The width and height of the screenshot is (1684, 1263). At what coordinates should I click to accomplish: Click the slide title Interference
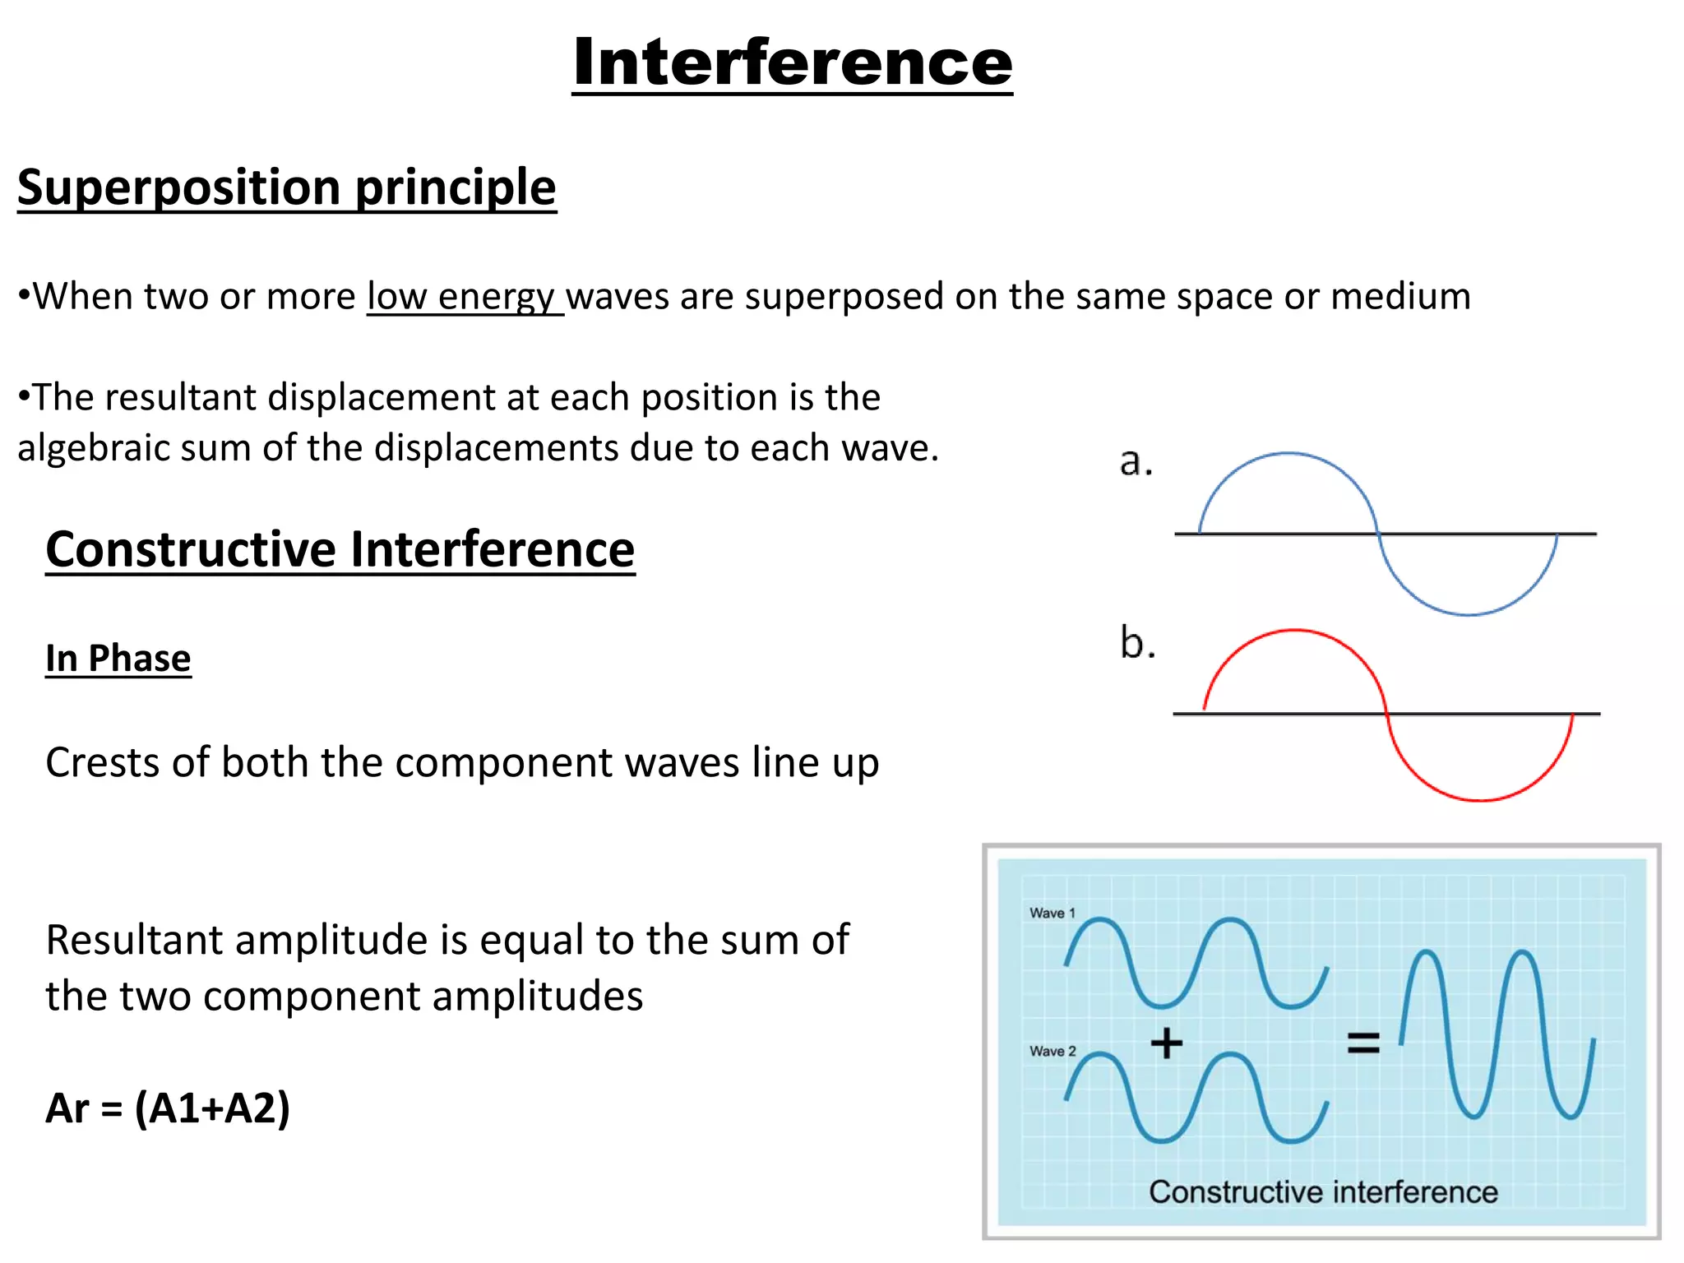(792, 63)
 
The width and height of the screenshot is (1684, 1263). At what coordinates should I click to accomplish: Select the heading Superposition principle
(287, 187)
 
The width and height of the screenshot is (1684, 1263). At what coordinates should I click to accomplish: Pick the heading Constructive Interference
(340, 549)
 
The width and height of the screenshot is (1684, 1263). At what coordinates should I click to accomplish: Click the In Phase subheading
(118, 659)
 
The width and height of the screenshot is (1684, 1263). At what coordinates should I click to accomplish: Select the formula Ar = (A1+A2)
(168, 1108)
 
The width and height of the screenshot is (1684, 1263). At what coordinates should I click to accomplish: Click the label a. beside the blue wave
(1136, 462)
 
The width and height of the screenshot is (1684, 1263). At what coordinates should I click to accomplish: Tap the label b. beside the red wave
(1137, 642)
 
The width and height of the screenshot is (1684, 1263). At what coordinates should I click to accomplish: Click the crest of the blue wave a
(1288, 453)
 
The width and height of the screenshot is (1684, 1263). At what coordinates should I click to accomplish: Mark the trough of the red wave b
(1480, 799)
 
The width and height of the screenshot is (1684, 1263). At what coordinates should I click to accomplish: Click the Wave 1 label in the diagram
(1052, 913)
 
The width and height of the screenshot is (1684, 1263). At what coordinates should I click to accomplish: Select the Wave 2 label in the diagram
(1052, 1051)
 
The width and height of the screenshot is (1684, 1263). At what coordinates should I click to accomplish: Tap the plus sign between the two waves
(1166, 1043)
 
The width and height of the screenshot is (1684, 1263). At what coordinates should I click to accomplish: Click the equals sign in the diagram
(1362, 1043)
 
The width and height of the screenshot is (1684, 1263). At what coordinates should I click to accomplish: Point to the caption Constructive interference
(1322, 1191)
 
